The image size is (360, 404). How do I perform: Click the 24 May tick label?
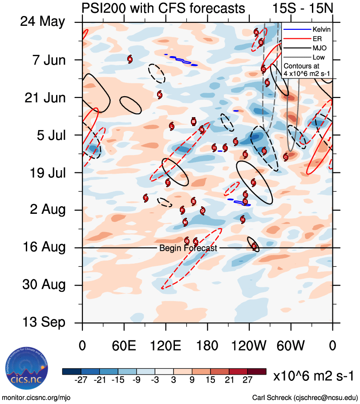coord(42,22)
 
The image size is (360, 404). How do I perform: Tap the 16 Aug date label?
coord(43,247)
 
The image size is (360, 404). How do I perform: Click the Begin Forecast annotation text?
coord(188,248)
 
